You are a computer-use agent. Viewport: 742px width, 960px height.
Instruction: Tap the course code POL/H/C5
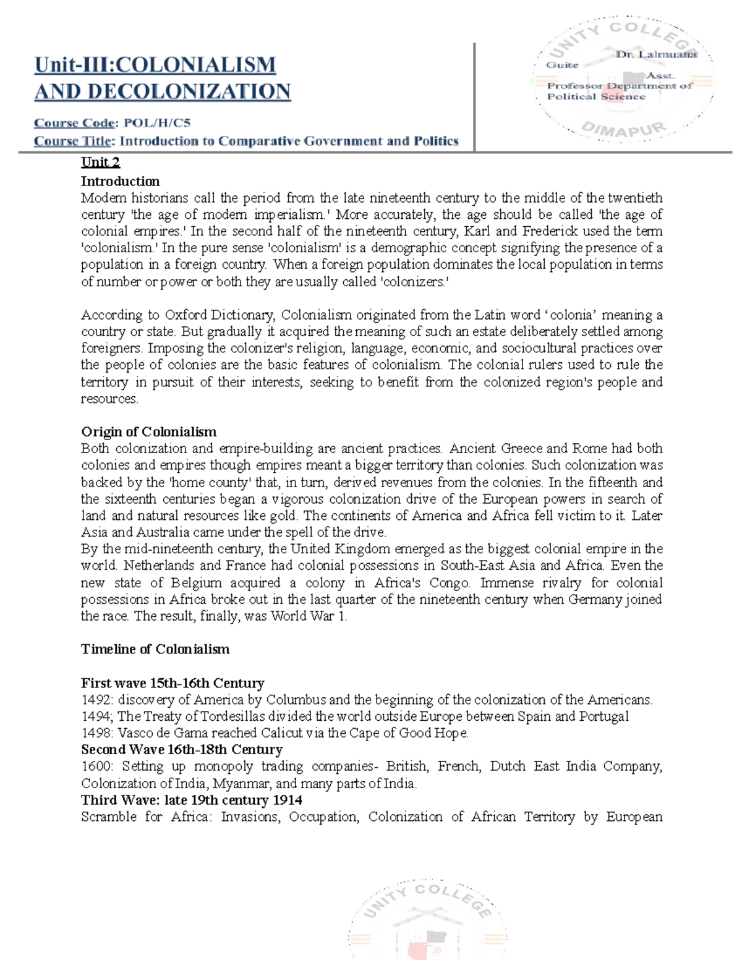(x=157, y=122)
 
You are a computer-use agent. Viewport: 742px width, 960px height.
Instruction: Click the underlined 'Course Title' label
(x=72, y=141)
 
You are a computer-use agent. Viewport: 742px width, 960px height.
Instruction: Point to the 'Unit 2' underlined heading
(x=100, y=163)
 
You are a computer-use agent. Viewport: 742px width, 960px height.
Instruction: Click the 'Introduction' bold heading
(x=120, y=181)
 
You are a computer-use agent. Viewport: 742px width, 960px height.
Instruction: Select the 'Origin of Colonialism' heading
(x=148, y=431)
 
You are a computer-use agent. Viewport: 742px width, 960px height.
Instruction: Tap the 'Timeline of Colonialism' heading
(x=155, y=649)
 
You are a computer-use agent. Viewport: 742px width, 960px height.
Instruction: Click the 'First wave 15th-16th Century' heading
(x=173, y=683)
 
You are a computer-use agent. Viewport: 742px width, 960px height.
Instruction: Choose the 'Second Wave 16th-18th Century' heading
(x=182, y=750)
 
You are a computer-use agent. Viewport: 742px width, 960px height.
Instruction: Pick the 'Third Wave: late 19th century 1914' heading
(x=192, y=800)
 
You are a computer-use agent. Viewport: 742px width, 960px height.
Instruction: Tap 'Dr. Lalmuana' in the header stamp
(x=656, y=54)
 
